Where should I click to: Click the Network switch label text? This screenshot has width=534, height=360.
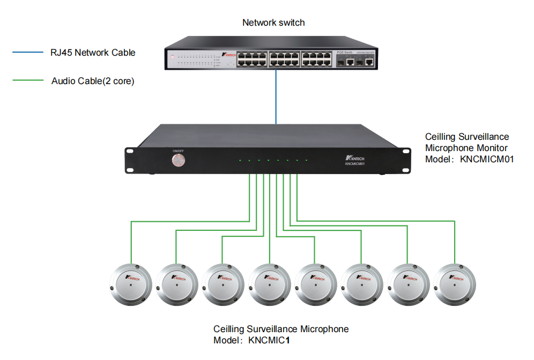[x=273, y=22]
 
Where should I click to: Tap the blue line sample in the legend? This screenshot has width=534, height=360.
[x=27, y=52]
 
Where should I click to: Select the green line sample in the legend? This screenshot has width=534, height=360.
[x=27, y=81]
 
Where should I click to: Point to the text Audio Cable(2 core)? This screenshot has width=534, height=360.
[x=93, y=81]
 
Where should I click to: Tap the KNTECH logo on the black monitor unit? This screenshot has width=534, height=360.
[x=355, y=159]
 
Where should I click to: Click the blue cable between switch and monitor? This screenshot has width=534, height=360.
[x=276, y=97]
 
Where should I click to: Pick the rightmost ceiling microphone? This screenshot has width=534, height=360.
[x=455, y=284]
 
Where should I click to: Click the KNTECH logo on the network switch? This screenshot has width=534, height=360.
[x=228, y=55]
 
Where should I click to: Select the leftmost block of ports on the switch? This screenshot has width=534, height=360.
[x=251, y=59]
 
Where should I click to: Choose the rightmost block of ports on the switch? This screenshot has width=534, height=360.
[x=316, y=59]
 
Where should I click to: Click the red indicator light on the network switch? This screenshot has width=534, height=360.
[x=172, y=55]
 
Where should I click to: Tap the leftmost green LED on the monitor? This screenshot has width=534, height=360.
[x=241, y=160]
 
